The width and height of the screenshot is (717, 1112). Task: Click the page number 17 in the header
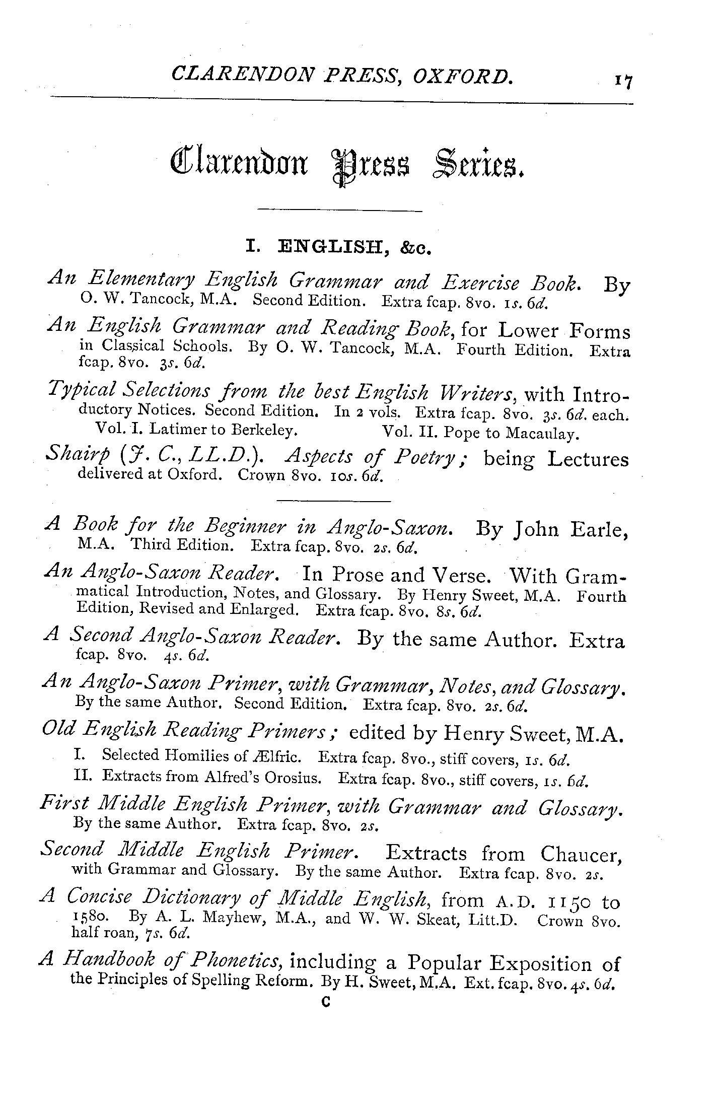tap(622, 81)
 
